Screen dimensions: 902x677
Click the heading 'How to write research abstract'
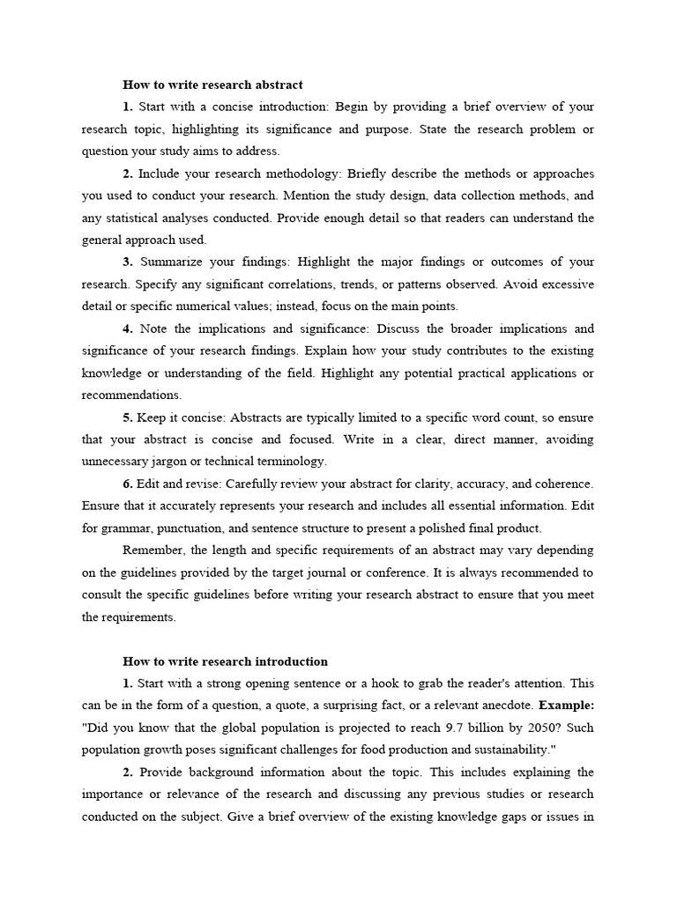click(x=212, y=85)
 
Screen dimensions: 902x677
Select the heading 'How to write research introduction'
click(x=225, y=661)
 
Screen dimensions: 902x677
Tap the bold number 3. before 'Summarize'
click(x=128, y=262)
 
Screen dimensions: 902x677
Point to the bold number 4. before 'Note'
click(x=128, y=329)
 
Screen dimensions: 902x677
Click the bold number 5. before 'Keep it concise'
click(x=128, y=417)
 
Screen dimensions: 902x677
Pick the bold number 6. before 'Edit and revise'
click(x=128, y=484)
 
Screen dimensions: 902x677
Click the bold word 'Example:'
click(x=567, y=706)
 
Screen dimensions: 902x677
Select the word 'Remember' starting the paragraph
click(x=152, y=550)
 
